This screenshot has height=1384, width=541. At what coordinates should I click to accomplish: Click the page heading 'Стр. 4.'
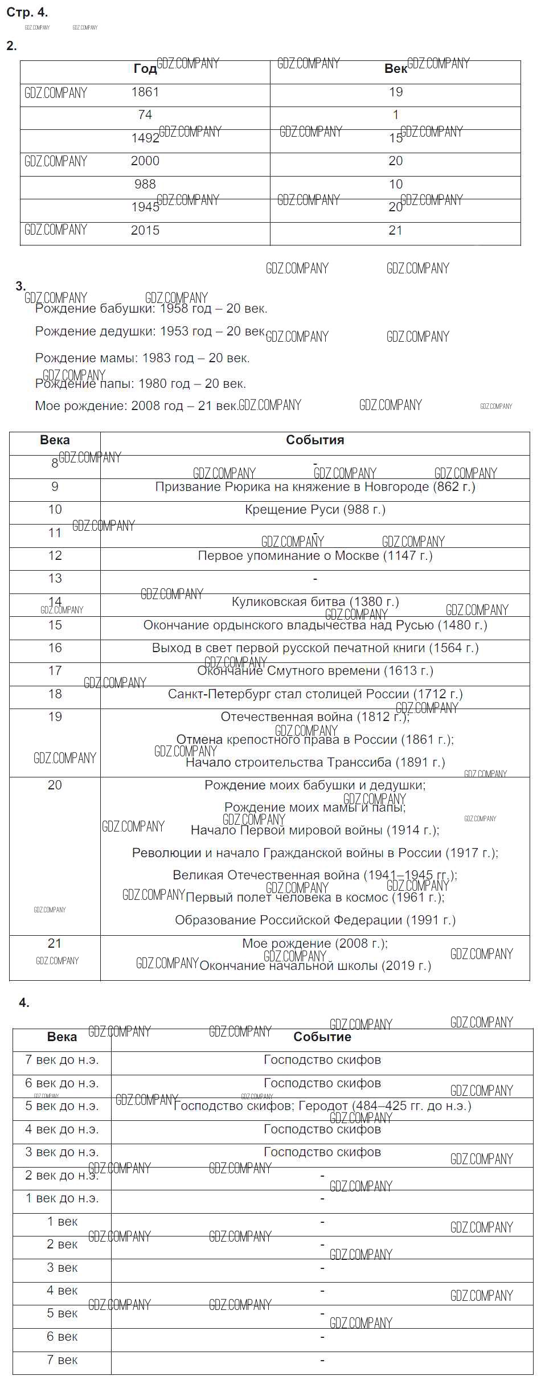click(x=27, y=12)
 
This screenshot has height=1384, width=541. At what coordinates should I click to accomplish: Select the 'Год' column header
click(x=145, y=69)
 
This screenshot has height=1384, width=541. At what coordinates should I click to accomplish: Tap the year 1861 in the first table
click(x=145, y=92)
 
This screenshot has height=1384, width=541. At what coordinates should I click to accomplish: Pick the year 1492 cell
click(x=145, y=138)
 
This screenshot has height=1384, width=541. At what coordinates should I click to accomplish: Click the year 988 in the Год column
click(x=145, y=185)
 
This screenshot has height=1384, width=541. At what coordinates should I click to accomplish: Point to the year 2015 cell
click(x=145, y=231)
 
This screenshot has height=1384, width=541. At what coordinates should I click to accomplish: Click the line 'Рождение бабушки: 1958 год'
click(x=151, y=309)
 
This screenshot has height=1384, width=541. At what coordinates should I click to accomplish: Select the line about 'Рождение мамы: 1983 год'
click(x=142, y=358)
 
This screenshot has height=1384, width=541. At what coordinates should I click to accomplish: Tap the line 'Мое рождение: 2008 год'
click(x=136, y=406)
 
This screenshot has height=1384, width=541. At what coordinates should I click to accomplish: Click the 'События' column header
click(x=315, y=440)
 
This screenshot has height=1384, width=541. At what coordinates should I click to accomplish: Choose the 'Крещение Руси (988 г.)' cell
click(x=315, y=510)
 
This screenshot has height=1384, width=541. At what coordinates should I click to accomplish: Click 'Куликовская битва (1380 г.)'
click(x=315, y=602)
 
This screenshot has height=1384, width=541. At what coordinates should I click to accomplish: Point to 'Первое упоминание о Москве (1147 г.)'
click(x=315, y=556)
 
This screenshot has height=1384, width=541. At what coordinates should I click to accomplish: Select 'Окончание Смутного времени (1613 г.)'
click(x=315, y=671)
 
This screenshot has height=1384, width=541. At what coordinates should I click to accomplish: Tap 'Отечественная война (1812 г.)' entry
click(x=315, y=717)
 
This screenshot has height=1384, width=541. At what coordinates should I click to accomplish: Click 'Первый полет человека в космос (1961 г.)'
click(x=315, y=898)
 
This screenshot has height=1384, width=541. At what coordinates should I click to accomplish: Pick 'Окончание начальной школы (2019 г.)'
click(x=315, y=966)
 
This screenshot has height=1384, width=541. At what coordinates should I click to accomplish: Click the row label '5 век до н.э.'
click(x=62, y=1106)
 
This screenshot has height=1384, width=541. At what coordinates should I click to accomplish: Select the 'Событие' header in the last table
click(x=322, y=1037)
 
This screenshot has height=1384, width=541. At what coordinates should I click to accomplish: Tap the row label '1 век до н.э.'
click(x=62, y=1198)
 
